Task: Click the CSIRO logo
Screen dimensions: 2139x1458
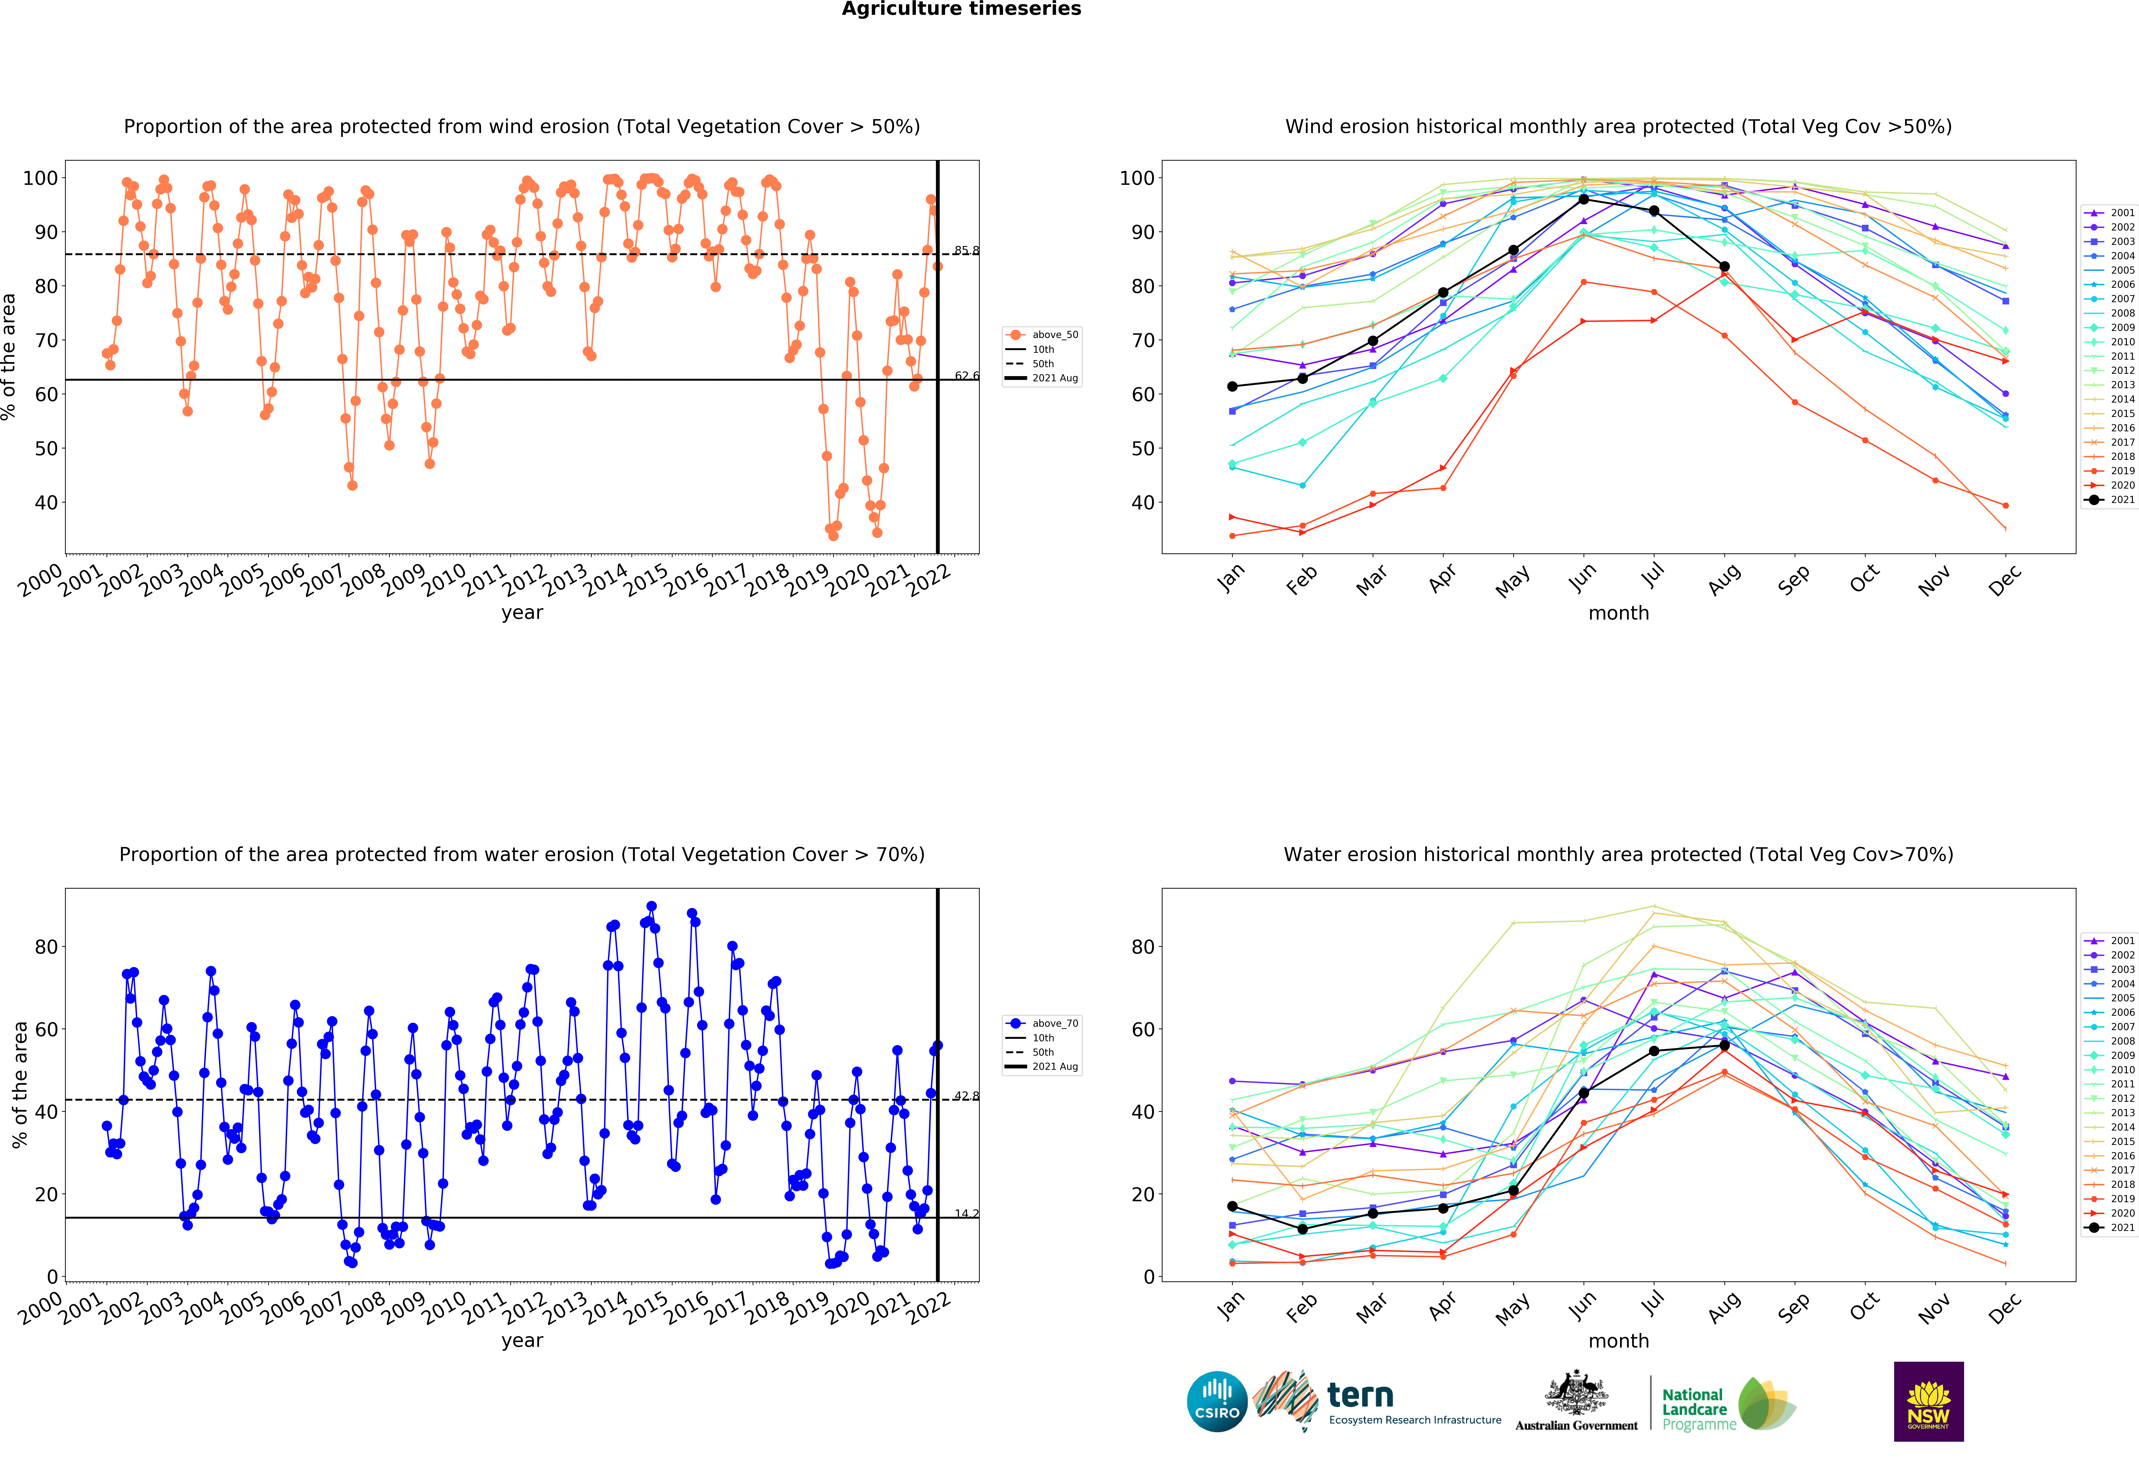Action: click(1217, 1402)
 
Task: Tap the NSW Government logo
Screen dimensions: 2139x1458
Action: click(1928, 1401)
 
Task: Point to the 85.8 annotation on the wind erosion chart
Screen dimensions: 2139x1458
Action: click(966, 250)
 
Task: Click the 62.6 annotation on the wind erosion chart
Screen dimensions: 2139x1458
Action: click(966, 376)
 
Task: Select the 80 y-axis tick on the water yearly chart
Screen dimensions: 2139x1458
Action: click(46, 947)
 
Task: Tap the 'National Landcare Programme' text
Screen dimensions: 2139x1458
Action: click(1698, 1409)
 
